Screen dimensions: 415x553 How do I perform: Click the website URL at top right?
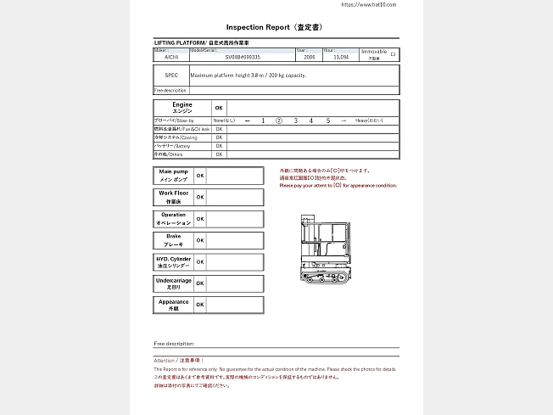tap(368, 4)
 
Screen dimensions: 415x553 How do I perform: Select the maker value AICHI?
tap(171, 58)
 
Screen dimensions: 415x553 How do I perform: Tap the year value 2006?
tap(310, 58)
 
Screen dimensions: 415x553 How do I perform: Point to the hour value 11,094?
tap(341, 58)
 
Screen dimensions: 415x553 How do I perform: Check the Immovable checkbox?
tap(392, 54)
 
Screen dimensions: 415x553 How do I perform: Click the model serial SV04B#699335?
tap(243, 58)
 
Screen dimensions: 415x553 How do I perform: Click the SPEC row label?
tap(171, 76)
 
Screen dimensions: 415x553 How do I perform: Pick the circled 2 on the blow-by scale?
tap(279, 121)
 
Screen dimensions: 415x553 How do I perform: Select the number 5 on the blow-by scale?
tap(327, 121)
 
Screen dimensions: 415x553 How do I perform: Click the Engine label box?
tap(182, 108)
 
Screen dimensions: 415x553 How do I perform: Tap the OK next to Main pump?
tap(200, 176)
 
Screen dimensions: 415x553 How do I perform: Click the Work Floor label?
tap(173, 197)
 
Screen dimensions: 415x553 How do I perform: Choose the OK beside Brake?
tap(200, 240)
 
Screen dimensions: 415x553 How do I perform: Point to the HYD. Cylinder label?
tap(173, 261)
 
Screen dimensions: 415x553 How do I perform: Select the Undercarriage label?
tap(173, 283)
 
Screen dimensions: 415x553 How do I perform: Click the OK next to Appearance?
tap(200, 305)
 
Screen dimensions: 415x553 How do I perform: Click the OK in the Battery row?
tap(219, 146)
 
